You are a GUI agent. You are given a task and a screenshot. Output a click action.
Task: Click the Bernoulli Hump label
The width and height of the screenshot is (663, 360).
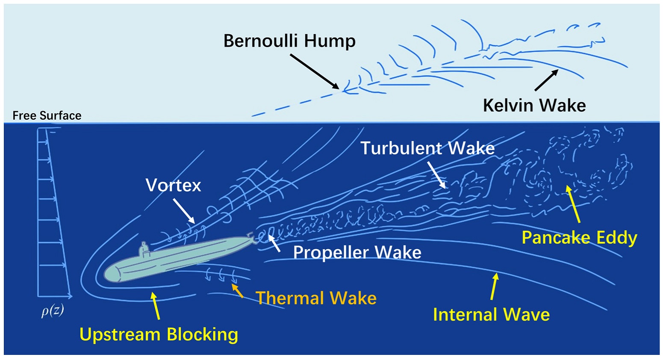[289, 41]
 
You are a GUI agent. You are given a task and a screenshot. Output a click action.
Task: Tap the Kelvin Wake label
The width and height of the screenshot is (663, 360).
[534, 106]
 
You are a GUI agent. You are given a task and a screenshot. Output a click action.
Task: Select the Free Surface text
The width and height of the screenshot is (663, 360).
[47, 115]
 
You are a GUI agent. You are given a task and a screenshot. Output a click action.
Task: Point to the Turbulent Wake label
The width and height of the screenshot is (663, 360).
[427, 148]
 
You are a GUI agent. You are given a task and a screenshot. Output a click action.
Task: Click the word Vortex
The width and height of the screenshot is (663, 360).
[173, 185]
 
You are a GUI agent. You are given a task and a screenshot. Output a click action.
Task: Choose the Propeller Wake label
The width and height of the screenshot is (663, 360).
[357, 253]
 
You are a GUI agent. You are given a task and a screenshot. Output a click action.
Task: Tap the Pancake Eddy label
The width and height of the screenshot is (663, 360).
[579, 238]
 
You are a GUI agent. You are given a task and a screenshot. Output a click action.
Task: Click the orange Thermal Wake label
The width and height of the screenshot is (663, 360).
[316, 298]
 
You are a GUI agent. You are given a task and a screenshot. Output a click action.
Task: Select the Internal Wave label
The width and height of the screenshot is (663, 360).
[491, 314]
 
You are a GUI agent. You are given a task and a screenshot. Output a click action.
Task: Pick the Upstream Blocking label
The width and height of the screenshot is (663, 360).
[159, 334]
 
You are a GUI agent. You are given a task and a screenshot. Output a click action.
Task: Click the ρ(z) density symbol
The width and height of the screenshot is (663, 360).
[53, 311]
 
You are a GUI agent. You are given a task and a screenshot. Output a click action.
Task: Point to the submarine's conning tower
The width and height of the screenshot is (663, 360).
[144, 249]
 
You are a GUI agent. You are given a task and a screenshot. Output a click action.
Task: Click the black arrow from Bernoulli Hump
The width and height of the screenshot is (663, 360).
[315, 72]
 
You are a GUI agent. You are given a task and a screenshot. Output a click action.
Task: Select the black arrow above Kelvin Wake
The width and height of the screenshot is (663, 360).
[546, 80]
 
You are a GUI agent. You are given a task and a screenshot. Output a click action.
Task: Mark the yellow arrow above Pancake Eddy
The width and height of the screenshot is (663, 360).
[572, 204]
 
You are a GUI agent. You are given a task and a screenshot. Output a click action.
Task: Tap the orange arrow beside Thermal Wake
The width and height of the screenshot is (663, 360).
[237, 290]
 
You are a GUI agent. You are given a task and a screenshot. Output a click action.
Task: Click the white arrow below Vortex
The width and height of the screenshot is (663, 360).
[184, 211]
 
